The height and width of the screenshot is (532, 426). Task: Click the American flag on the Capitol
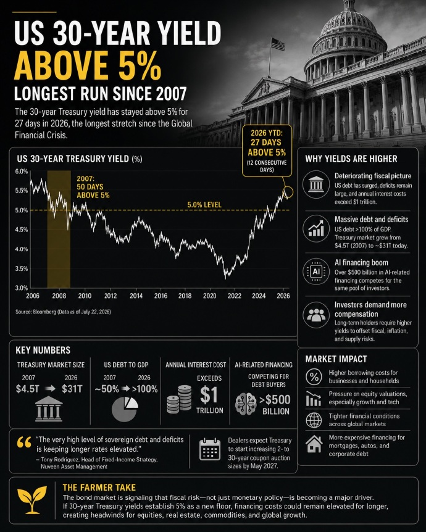278,44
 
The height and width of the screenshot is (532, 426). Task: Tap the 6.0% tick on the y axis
22,172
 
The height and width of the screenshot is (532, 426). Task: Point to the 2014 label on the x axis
136,296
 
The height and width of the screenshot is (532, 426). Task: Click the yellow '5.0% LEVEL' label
204,205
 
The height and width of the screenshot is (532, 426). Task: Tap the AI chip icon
316,272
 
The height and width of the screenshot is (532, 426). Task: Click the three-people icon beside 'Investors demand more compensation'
316,315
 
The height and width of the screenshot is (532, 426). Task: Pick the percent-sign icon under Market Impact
314,376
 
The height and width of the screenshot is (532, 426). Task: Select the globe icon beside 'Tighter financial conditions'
314,420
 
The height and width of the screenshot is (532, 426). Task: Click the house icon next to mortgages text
314,444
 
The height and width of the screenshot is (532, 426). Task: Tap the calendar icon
210,449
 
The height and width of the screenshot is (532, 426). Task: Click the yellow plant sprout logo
32,499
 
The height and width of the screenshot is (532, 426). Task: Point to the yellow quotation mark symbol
23,442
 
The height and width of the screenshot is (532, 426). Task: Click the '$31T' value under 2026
72,389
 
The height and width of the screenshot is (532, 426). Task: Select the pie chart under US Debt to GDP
125,409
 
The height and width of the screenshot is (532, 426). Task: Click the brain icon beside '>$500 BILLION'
246,404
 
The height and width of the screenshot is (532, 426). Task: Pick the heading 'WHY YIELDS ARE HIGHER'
351,159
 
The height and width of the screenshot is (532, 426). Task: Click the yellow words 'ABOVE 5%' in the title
87,66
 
